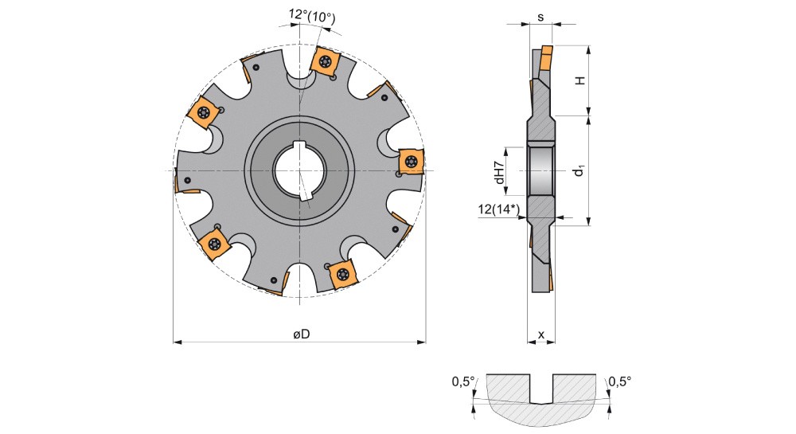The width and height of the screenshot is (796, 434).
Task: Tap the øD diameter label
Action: [x=302, y=334]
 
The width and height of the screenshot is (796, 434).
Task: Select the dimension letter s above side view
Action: [x=540, y=18]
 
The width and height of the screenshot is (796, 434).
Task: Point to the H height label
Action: [x=579, y=80]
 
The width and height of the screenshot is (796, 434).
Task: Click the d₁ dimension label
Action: [x=579, y=171]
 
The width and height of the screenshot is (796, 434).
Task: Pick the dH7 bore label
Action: [x=500, y=171]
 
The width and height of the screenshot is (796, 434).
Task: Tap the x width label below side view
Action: [x=541, y=334]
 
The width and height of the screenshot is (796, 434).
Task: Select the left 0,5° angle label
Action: [x=463, y=381]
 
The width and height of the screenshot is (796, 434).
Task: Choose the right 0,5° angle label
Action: [x=620, y=381]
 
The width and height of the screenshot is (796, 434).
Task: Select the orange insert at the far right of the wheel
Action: [x=411, y=162]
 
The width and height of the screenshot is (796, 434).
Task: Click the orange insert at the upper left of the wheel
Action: [x=204, y=111]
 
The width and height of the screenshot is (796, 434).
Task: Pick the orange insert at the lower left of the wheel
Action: [x=213, y=244]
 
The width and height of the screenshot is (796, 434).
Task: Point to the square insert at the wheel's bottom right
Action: [x=342, y=274]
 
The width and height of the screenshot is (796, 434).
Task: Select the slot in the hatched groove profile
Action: [x=541, y=389]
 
